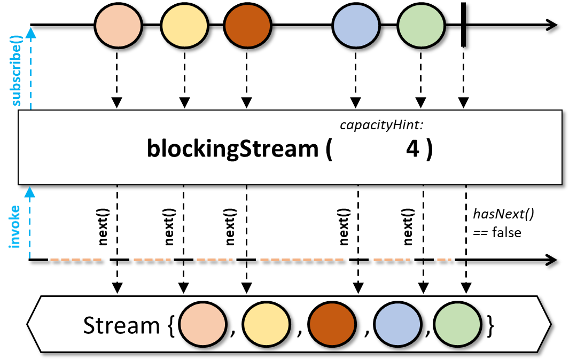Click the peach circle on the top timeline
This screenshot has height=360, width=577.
click(x=118, y=25)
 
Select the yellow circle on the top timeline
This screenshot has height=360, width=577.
click(x=184, y=25)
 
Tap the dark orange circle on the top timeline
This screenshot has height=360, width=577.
click(x=247, y=25)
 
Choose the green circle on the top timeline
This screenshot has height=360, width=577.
click(x=422, y=25)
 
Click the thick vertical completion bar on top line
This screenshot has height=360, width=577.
click(x=464, y=25)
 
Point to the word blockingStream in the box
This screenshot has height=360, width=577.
click(x=232, y=149)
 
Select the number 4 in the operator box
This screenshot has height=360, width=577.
click(x=412, y=150)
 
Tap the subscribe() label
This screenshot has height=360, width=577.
click(x=18, y=72)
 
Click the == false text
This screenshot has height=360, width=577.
click(x=497, y=233)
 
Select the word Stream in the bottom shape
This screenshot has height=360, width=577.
click(x=121, y=325)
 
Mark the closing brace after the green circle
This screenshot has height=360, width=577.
click(x=490, y=325)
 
